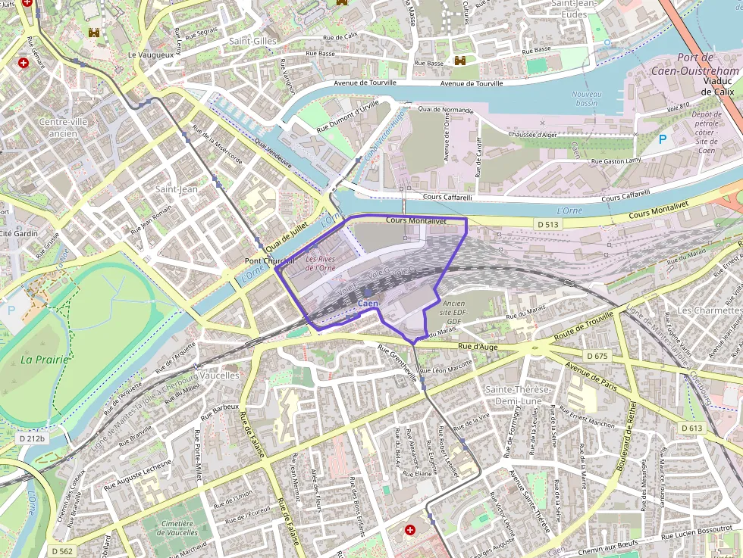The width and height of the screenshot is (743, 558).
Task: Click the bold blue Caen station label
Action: pos(368,304)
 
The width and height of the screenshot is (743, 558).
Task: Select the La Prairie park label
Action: pos(44,360)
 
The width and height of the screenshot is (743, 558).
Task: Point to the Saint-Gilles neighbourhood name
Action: pos(253,41)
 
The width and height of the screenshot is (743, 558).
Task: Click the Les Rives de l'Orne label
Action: pos(320,263)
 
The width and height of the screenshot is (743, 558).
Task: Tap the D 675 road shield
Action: pos(597,355)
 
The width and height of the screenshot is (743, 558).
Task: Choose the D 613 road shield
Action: pos(692,428)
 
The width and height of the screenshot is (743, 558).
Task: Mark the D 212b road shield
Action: pos(31,438)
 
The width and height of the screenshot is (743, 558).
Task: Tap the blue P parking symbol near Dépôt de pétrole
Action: pos(662,139)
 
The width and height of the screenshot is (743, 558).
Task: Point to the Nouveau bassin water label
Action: pos(585,98)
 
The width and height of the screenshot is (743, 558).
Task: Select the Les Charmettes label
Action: pos(709,310)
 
